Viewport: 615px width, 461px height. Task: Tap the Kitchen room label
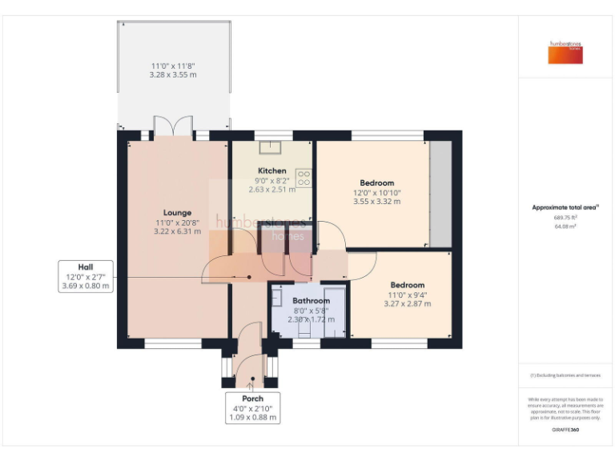click(x=271, y=171)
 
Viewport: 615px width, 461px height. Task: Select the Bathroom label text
click(x=311, y=301)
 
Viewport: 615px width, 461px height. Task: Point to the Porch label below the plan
click(x=252, y=398)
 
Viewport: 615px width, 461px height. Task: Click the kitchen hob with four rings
click(x=303, y=176)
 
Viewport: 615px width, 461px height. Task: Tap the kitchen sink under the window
click(x=271, y=146)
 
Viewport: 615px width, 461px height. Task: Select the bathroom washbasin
click(x=276, y=298)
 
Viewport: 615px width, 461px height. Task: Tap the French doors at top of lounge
click(x=173, y=128)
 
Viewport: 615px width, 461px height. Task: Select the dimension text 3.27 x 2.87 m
click(x=408, y=304)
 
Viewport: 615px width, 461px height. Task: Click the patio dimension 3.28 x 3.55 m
click(x=172, y=74)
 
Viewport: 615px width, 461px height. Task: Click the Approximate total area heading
click(x=565, y=207)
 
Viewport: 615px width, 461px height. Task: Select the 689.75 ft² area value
click(x=565, y=217)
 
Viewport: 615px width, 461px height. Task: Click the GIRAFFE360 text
click(x=565, y=430)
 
